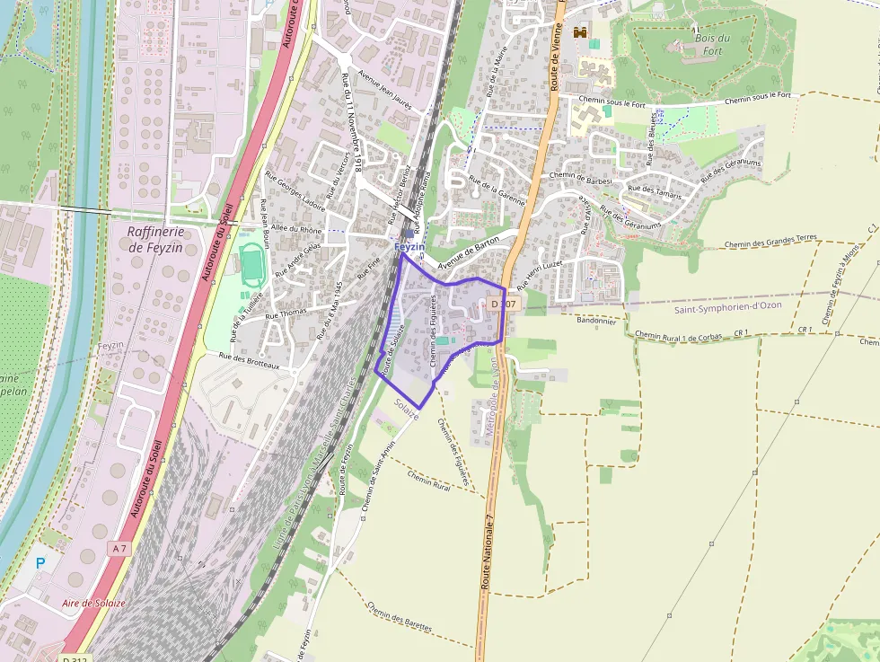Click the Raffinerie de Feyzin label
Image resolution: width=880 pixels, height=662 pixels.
click(x=150, y=239)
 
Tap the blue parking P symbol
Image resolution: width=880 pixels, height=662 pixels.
click(x=40, y=563)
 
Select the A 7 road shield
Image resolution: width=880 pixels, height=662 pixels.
click(x=119, y=548)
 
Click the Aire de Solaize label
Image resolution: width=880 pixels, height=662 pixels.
click(x=94, y=603)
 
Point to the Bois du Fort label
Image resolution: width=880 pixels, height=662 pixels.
click(x=712, y=44)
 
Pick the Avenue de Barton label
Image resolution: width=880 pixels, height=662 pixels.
click(x=468, y=253)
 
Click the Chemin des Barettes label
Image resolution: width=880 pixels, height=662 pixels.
click(x=400, y=616)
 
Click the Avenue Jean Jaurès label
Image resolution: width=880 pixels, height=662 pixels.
click(x=384, y=90)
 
